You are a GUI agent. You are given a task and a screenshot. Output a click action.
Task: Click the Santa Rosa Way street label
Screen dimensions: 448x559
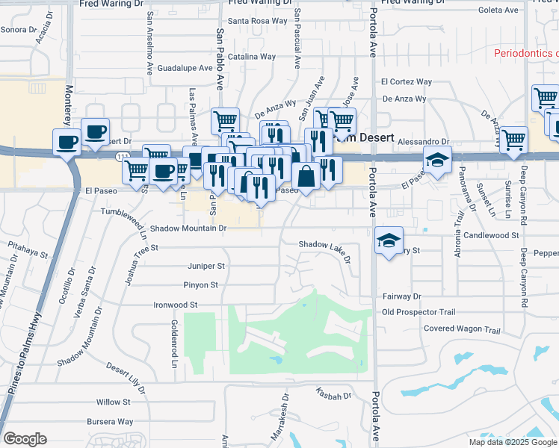[x=257, y=21]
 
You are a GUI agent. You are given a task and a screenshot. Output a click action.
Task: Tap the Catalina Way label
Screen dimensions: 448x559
[x=252, y=57]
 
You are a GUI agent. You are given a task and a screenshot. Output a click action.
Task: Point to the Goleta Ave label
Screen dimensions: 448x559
[x=498, y=10]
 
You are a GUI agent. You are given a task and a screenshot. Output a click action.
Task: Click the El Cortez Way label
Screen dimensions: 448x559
[x=407, y=81]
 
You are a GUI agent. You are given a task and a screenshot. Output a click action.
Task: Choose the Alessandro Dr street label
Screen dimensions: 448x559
[x=424, y=141]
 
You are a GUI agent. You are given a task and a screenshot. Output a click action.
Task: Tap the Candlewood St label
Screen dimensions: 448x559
[x=491, y=235]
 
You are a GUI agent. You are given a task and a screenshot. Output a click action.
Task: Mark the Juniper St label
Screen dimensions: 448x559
[x=206, y=266]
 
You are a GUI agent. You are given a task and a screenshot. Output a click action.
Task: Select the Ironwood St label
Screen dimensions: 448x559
[x=175, y=305]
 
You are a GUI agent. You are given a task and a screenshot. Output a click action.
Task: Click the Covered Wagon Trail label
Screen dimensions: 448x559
[x=462, y=329]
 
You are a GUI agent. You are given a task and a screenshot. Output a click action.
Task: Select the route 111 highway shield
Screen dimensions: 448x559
[x=122, y=156]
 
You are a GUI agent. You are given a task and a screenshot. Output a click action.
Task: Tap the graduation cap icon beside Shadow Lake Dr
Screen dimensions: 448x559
[x=389, y=240]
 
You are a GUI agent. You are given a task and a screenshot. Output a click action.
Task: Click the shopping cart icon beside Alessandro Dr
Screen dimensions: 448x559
[x=513, y=140]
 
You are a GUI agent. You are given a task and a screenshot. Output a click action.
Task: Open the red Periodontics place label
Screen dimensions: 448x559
[x=526, y=53]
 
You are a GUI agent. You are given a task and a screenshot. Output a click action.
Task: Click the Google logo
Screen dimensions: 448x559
[x=25, y=439]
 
